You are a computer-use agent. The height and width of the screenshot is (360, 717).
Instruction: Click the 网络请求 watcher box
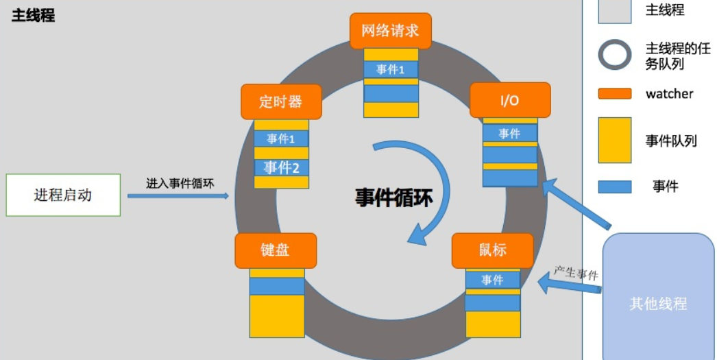point(390,31)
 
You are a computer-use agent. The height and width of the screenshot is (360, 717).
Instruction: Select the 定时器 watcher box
point(281,102)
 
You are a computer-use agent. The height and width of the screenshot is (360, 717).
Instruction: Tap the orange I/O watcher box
point(510,100)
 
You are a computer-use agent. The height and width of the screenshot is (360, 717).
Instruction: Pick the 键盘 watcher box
point(276,250)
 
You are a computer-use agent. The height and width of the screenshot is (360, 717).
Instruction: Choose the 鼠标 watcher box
point(493,250)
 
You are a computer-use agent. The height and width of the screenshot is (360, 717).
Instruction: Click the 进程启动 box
point(63,195)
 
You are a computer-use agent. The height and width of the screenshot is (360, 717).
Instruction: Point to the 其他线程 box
point(658,302)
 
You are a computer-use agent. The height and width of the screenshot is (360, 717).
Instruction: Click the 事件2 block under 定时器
point(281,167)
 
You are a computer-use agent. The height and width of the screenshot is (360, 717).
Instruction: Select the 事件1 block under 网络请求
point(390,69)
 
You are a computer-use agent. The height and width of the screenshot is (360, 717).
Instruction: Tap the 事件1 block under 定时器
point(281,139)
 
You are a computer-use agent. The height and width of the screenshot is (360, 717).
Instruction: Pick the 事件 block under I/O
point(510,133)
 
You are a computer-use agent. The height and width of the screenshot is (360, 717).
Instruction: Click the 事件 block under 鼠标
point(493,280)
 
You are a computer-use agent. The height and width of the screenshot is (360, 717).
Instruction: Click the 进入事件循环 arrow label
point(180,183)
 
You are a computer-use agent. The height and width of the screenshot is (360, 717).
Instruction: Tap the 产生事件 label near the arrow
point(576,273)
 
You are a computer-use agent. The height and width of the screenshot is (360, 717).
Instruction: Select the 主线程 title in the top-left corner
point(33,16)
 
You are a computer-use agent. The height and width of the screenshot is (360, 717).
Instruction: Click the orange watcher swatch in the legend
point(614,93)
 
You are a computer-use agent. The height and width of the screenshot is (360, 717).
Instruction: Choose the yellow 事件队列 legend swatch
point(614,140)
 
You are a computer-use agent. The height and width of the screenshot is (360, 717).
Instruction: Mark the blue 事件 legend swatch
point(614,187)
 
